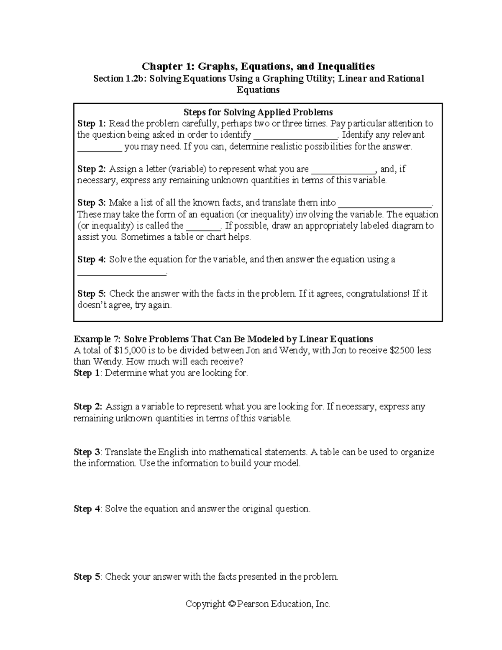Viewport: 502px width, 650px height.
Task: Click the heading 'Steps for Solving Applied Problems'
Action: pos(258,112)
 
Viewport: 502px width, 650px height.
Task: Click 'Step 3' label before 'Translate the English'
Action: pos(87,452)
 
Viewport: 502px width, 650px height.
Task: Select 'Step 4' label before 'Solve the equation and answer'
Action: pos(87,509)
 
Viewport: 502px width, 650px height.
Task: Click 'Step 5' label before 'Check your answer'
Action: pos(87,577)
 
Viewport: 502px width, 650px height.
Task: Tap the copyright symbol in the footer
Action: pos(231,604)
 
